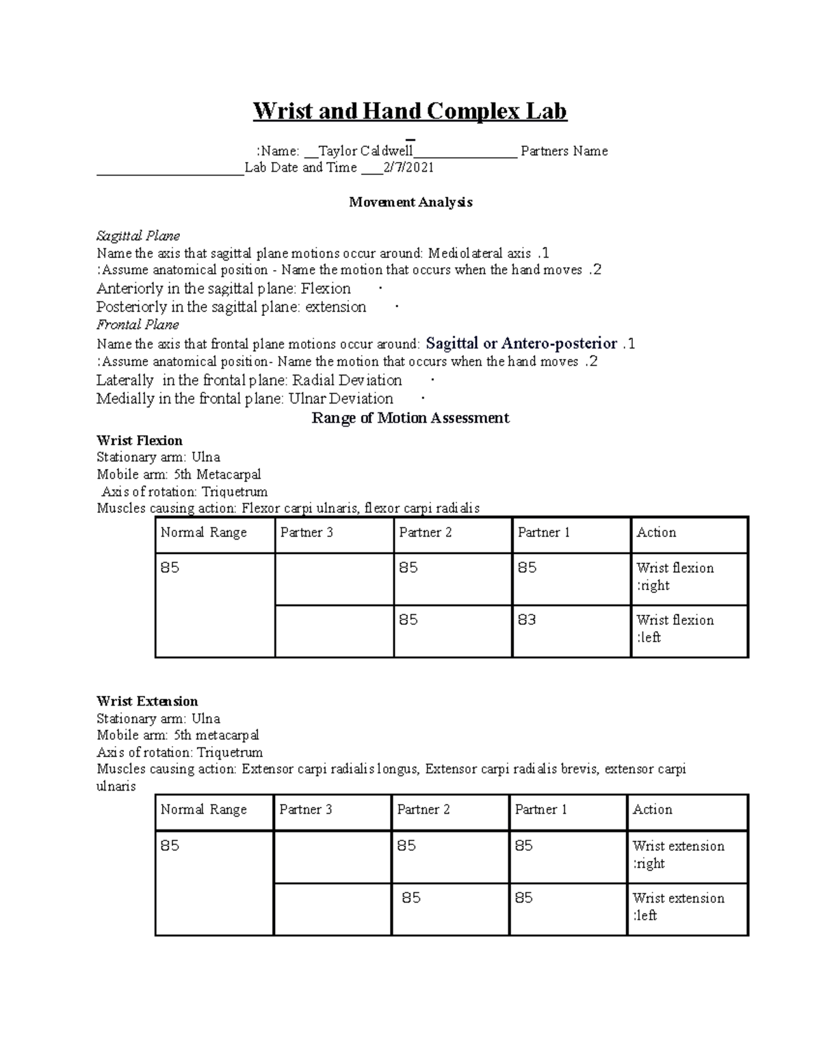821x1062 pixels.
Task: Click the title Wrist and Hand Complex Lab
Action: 410,111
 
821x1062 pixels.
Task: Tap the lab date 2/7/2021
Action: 408,168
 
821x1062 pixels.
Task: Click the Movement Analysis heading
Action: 410,202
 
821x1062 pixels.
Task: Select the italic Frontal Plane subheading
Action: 138,325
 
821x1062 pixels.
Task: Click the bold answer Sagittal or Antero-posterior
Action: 521,343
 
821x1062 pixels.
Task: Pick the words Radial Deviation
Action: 347,380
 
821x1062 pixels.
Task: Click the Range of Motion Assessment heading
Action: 410,418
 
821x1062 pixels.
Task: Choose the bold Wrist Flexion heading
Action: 140,440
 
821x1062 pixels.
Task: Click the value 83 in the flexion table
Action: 527,620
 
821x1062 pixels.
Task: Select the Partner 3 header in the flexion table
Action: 307,533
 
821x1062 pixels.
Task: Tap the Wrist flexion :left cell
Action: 675,628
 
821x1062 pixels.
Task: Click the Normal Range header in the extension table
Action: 203,810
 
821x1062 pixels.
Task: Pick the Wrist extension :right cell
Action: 678,855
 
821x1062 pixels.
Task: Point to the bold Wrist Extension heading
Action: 147,702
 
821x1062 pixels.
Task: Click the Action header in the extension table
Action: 652,810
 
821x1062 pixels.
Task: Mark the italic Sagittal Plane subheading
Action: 138,236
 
